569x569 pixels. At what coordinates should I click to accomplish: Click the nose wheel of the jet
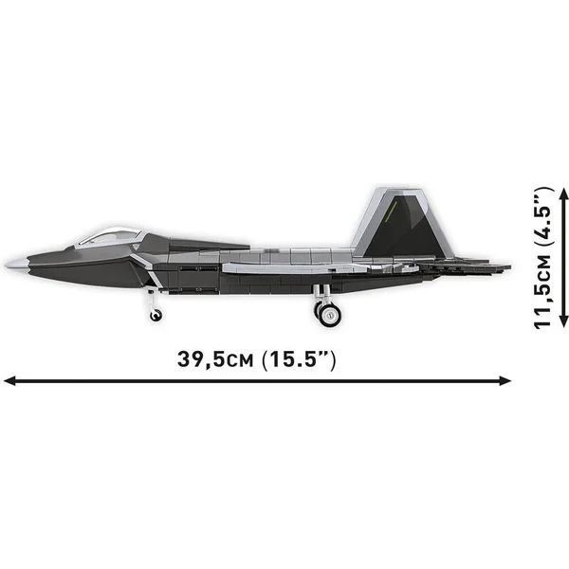pyautogui.click(x=156, y=315)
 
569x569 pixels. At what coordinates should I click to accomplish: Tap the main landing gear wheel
pyautogui.click(x=329, y=315)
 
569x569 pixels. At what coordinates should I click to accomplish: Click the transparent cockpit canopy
pyautogui.click(x=110, y=236)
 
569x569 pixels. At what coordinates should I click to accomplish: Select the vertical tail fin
pyautogui.click(x=401, y=223)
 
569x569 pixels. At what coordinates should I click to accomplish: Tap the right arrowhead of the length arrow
pyautogui.click(x=505, y=380)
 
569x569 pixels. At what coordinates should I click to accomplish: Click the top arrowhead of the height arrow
pyautogui.click(x=563, y=194)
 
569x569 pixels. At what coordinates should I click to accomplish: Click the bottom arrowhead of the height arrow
pyautogui.click(x=563, y=321)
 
